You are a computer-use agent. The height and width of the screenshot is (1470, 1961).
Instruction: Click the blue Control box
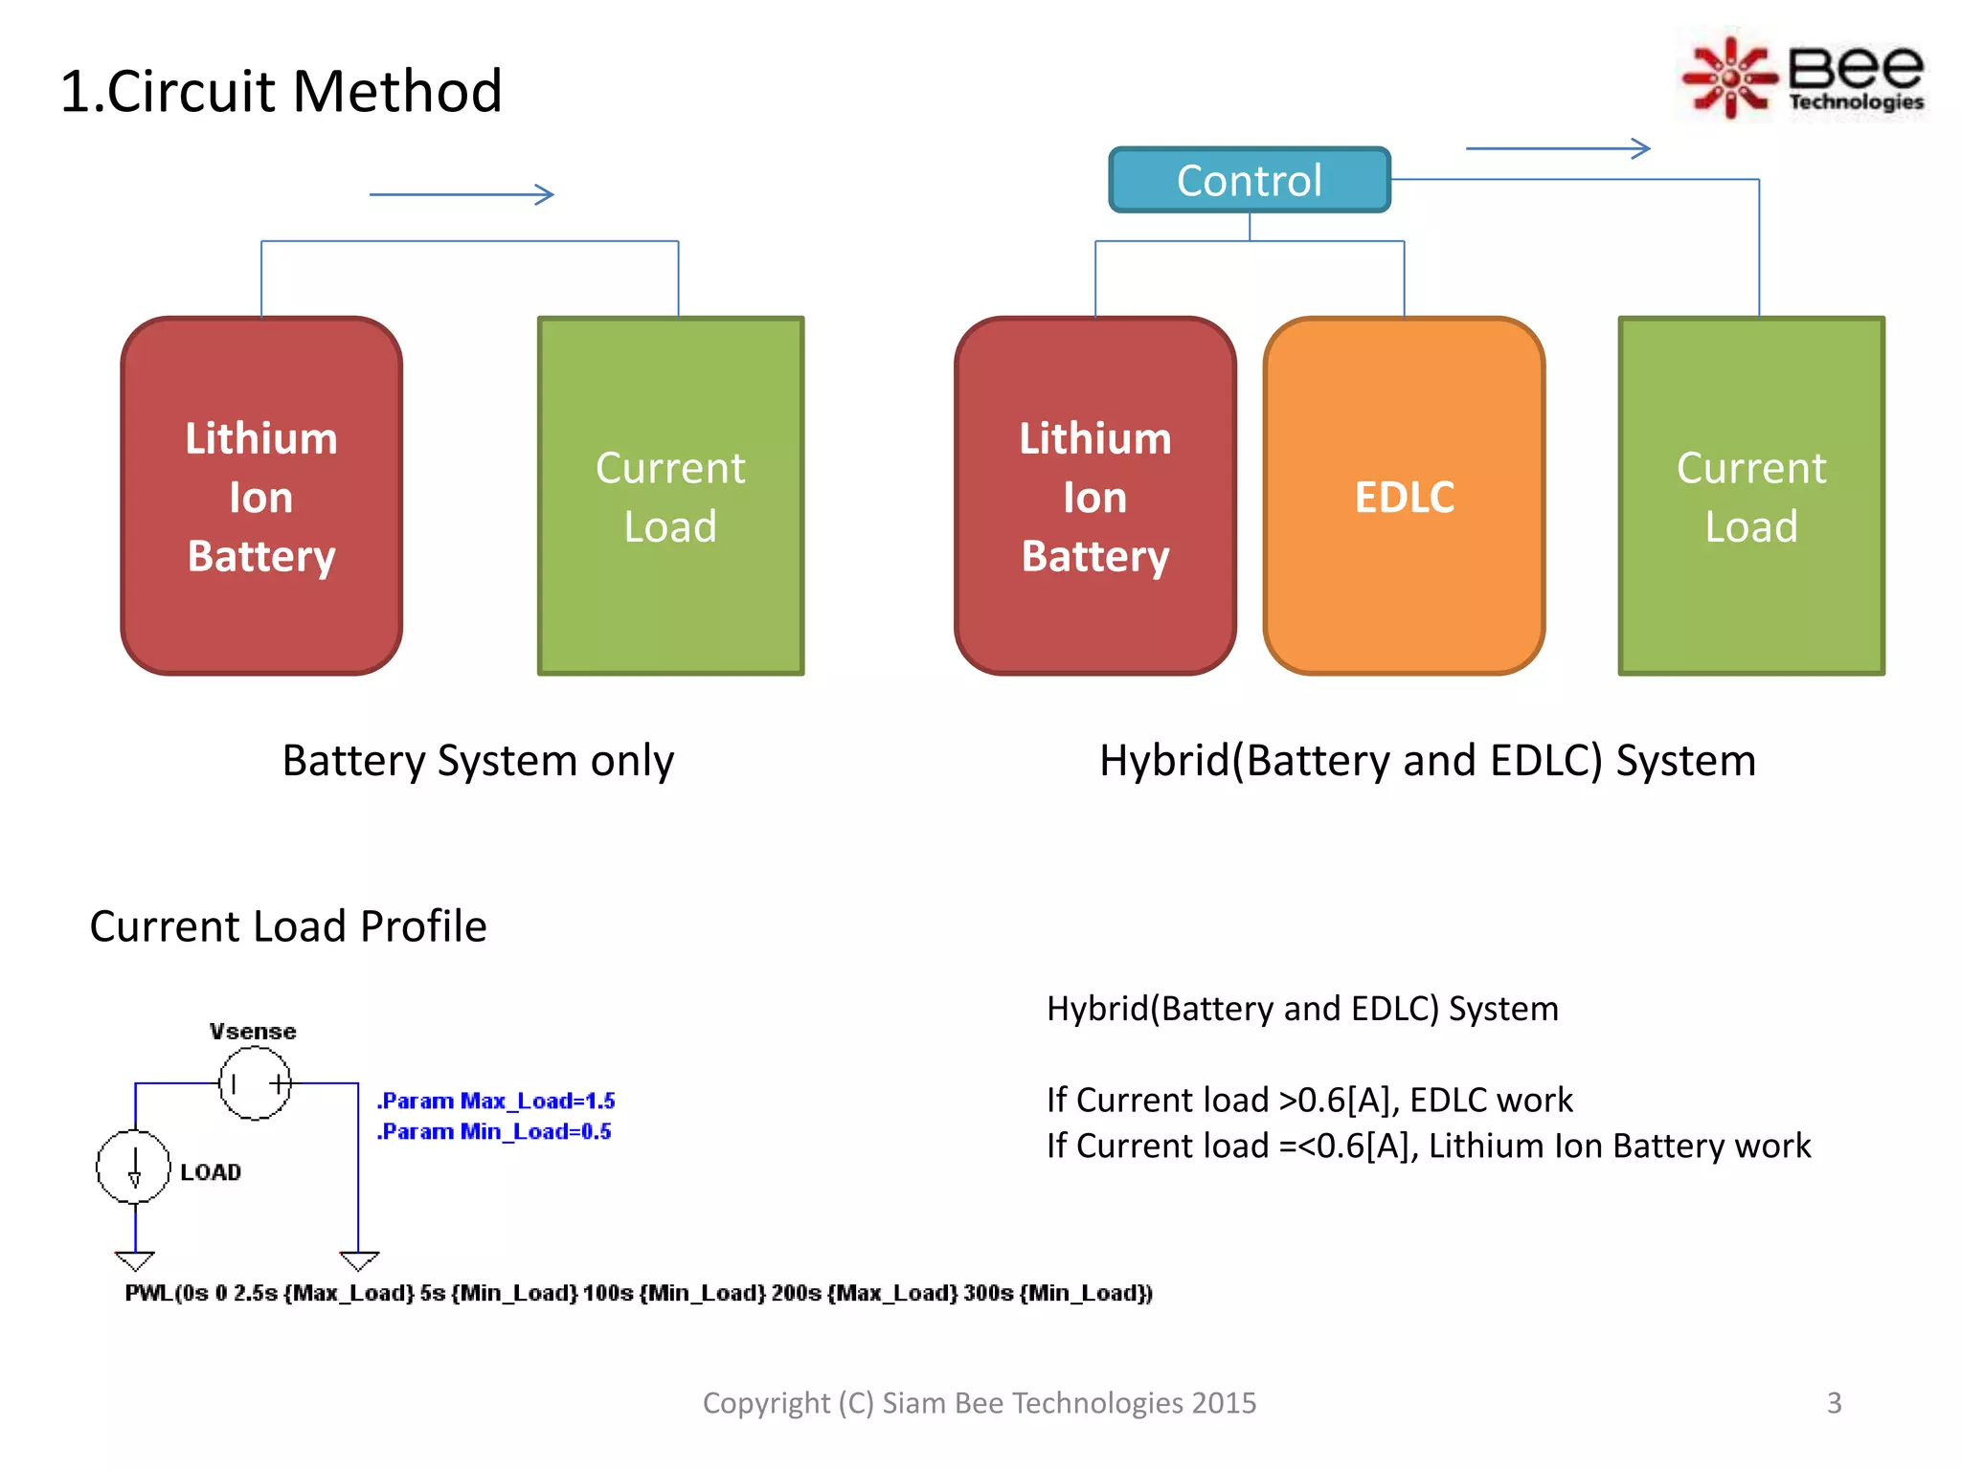coord(1249,180)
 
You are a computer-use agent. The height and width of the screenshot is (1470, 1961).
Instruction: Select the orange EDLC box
coord(1404,496)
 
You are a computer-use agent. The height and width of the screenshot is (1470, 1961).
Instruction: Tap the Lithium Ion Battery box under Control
coord(1094,496)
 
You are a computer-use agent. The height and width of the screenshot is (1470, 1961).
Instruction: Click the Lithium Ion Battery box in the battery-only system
coord(261,496)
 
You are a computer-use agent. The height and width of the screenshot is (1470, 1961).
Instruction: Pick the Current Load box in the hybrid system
coord(1750,496)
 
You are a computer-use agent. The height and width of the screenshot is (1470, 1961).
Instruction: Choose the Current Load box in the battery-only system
coord(670,496)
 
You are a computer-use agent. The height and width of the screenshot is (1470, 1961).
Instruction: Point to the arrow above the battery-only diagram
coord(462,194)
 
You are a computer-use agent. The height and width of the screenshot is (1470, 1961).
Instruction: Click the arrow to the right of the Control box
coord(1558,148)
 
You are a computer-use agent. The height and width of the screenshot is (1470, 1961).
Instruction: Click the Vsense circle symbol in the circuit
coord(255,1083)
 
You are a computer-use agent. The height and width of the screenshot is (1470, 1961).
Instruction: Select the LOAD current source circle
coord(134,1167)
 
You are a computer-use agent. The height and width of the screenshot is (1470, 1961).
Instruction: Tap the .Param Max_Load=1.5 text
coord(496,1101)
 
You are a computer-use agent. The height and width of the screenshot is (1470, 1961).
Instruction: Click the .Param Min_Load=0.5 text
coord(494,1131)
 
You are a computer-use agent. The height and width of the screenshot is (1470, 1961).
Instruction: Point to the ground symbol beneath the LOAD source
coord(134,1259)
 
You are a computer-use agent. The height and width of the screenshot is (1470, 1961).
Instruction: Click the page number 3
coord(1834,1403)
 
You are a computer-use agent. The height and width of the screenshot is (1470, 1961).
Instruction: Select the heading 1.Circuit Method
coord(281,92)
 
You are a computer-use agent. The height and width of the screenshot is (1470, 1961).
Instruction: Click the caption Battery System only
coord(478,761)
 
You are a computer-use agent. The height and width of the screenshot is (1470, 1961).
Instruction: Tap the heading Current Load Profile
coord(287,926)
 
